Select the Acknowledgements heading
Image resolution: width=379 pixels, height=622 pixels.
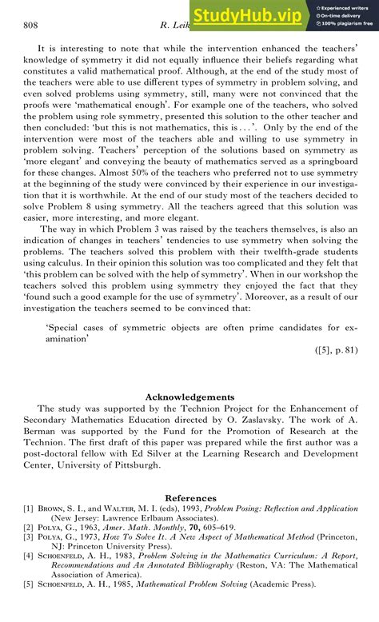[x=189, y=397]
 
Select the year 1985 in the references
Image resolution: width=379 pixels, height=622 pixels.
[x=123, y=584]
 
